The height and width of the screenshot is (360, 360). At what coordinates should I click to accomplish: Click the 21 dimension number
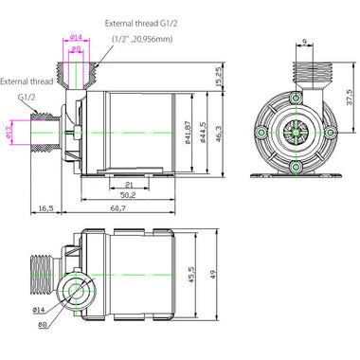pyautogui.click(x=129, y=184)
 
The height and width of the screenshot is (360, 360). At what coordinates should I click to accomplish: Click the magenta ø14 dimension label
pyautogui.click(x=76, y=38)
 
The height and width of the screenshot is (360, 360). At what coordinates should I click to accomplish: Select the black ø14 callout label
pyautogui.click(x=39, y=311)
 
